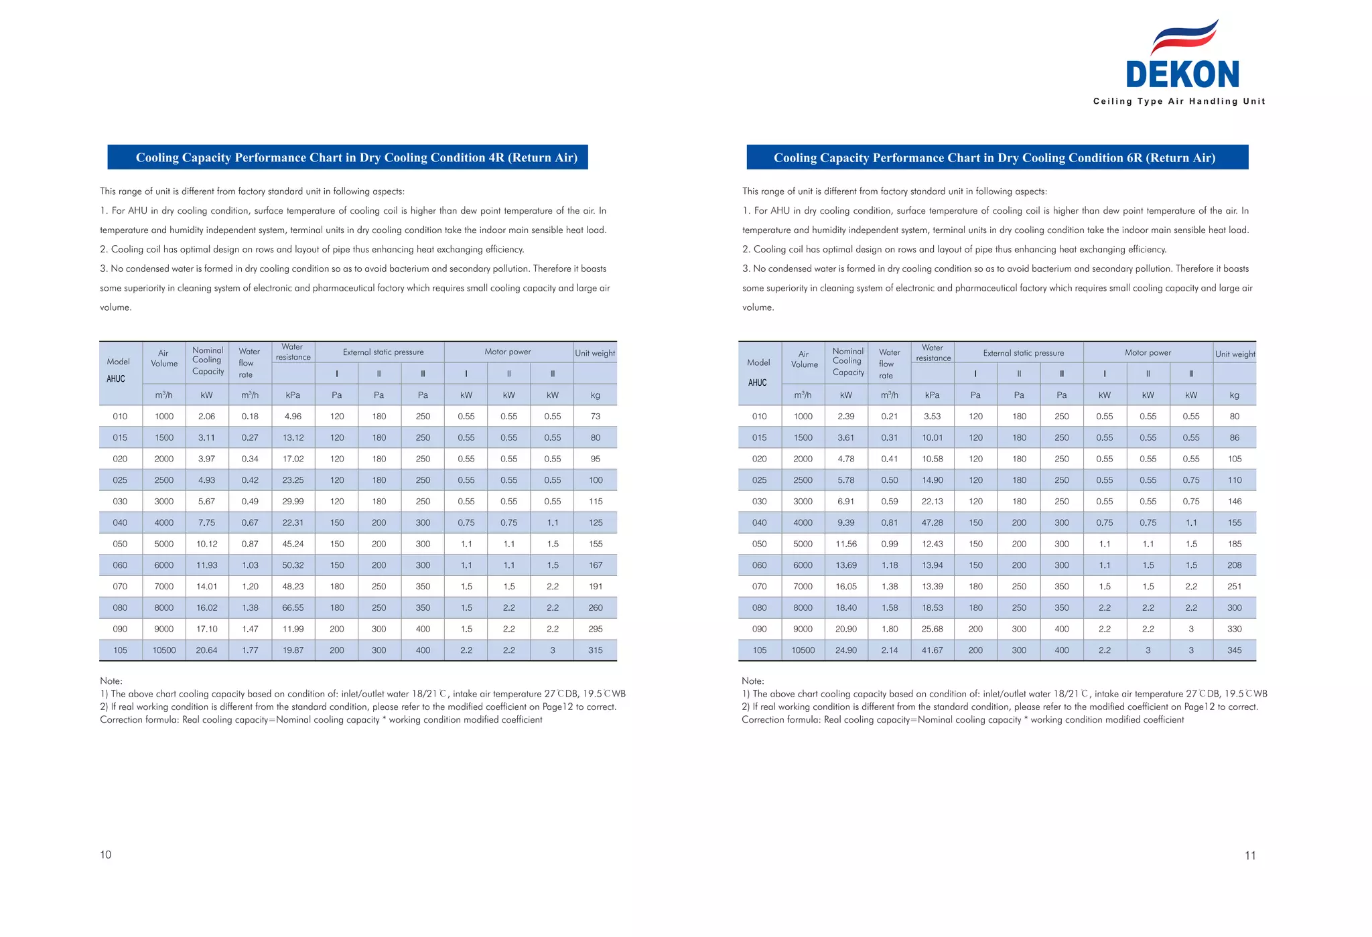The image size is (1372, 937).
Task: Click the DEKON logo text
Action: pos(1182,74)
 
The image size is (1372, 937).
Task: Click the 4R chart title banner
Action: pos(348,157)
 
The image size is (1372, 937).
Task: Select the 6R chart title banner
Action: pos(997,157)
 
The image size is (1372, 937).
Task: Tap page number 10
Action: pos(106,855)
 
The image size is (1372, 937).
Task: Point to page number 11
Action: pos(1250,855)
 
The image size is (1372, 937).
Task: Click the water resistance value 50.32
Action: pos(293,565)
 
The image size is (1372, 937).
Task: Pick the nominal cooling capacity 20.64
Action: pos(206,650)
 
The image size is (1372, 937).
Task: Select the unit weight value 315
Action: pos(596,650)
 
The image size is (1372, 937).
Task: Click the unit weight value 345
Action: pos(1235,650)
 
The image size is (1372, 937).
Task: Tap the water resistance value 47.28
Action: pos(933,522)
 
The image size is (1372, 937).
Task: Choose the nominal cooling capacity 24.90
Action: pos(846,650)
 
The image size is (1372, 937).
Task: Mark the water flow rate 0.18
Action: pos(250,417)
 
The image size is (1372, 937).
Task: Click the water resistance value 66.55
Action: pos(293,608)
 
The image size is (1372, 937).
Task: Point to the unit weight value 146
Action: pos(1235,502)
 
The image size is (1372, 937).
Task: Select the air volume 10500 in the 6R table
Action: pos(803,650)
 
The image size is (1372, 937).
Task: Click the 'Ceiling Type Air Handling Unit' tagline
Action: pos(1179,101)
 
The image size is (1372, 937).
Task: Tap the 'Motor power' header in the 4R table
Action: pos(508,352)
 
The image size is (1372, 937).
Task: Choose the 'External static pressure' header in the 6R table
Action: pos(1024,353)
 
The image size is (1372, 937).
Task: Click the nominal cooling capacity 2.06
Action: pos(206,417)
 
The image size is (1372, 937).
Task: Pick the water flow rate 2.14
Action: pos(890,650)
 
